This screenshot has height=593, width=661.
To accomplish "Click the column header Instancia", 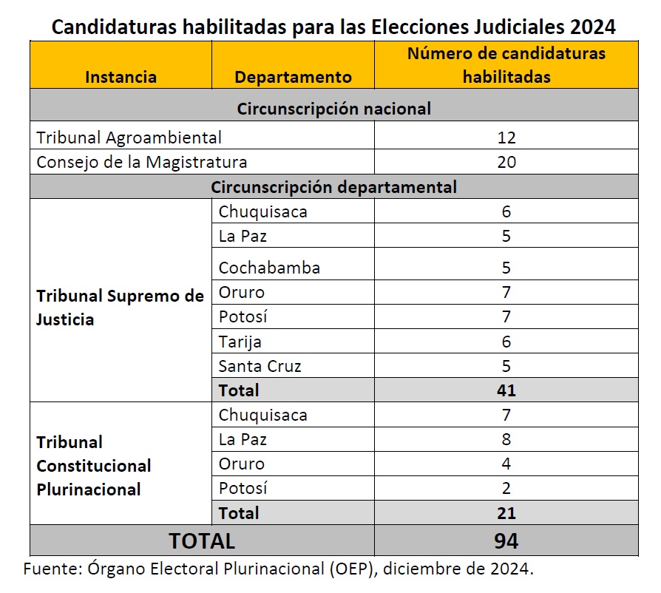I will point(121,77).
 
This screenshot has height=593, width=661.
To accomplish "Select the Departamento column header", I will point(293,77).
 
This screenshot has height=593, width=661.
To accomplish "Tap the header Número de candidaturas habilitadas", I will point(506,65).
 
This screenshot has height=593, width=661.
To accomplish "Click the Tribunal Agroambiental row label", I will point(129,138).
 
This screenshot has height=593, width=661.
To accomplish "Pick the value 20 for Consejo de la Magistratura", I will point(506,162).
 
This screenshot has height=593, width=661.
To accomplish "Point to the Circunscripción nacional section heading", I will point(333,109).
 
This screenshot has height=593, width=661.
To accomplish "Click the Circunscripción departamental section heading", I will point(333,187).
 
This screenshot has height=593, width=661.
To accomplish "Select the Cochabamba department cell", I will point(269,268).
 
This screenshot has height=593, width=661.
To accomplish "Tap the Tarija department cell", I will point(240,342).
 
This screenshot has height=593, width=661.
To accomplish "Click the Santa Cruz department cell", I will point(260,366).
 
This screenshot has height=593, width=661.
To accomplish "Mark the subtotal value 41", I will point(506,390).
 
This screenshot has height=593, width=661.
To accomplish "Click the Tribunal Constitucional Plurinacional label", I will point(94,466).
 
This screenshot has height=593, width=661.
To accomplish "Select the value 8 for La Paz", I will point(506,440).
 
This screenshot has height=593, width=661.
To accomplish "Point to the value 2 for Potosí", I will point(506,489).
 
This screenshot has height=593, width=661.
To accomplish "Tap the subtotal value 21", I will point(506,513).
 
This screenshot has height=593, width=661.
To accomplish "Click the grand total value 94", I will point(506,541).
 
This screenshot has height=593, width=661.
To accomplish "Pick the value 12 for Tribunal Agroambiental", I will point(506,138).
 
